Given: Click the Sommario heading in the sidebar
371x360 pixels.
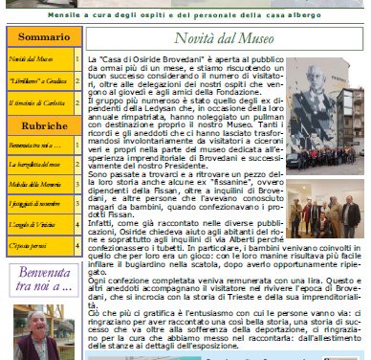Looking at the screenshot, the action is (x=42, y=37).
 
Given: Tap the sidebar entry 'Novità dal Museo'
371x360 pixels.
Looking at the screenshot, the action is (x=30, y=60).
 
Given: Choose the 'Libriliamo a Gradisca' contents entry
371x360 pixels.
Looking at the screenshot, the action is (x=37, y=81).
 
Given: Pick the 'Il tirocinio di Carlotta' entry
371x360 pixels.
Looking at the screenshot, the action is (x=37, y=102).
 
